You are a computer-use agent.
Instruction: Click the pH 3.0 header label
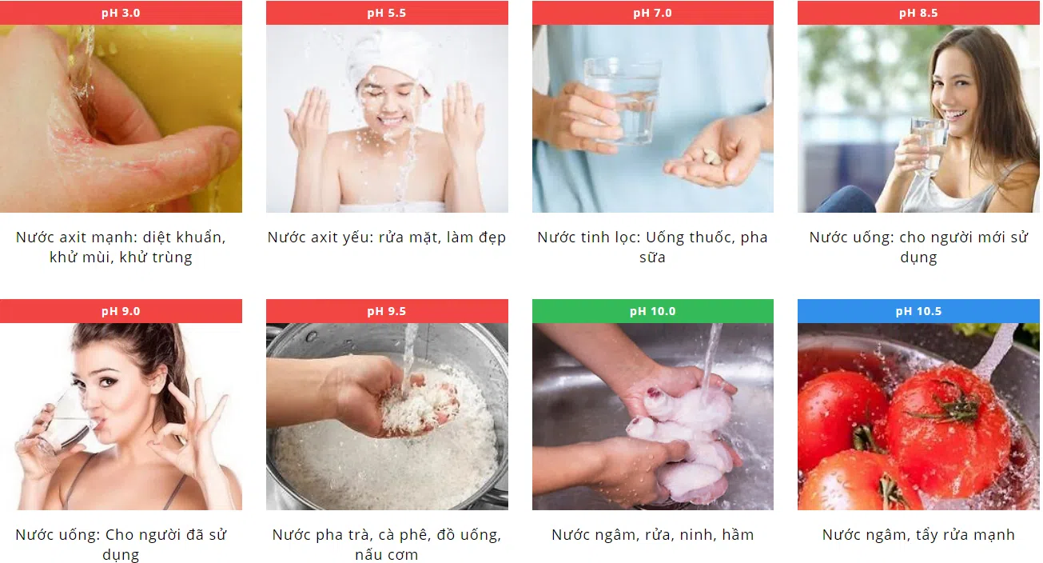point(121,13)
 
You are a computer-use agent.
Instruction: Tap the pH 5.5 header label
point(387,13)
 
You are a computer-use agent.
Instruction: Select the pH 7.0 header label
point(652,13)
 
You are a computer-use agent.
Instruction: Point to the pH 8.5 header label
point(918,13)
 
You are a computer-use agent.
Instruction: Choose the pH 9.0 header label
point(121,311)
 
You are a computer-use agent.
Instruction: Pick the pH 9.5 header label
point(387,311)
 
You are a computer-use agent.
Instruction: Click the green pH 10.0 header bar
point(653,311)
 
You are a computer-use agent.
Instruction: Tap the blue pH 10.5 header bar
point(918,311)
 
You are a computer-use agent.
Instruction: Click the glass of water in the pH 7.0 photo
point(622,100)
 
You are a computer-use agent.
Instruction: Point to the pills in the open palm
point(711,157)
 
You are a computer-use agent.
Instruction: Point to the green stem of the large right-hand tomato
point(952,406)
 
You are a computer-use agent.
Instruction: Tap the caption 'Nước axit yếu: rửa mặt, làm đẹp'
point(387,238)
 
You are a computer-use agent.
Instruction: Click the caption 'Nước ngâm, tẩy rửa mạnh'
point(918,534)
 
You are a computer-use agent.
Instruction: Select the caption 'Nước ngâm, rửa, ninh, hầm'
point(652,534)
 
